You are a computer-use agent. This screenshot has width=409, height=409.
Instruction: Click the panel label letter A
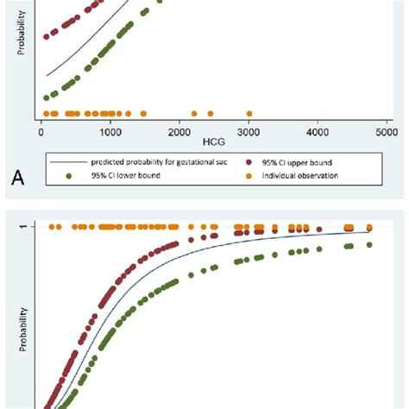[17, 179]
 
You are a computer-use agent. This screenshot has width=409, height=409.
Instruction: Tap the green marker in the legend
[70, 175]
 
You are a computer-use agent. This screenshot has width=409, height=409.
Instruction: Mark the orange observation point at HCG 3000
[249, 114]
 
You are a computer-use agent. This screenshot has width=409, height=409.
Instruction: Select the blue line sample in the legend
[69, 161]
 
